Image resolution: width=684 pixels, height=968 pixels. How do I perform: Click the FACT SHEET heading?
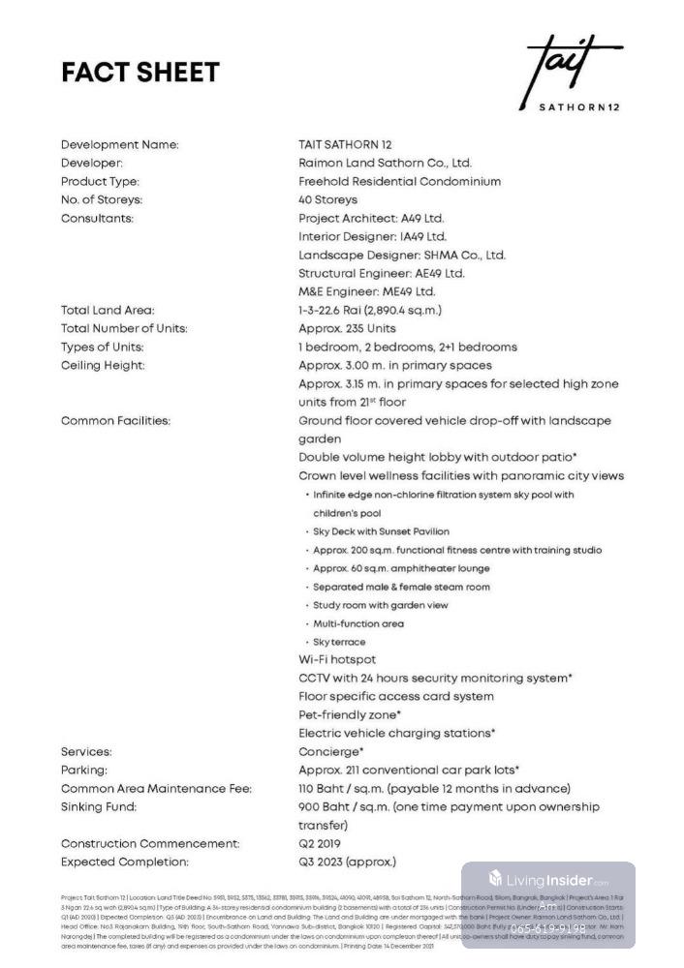point(140,73)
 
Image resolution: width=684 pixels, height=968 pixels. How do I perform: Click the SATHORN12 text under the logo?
point(578,106)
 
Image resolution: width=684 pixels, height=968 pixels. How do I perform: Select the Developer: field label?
point(92,164)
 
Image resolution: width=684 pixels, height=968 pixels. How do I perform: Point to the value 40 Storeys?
point(327,199)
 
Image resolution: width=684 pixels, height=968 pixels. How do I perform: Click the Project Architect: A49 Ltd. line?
point(371,219)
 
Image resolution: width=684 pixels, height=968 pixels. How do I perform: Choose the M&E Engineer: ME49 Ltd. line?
point(367,291)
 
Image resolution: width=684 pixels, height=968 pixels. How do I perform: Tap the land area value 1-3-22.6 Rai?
point(370,310)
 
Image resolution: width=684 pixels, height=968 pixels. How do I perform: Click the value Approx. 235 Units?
point(347,328)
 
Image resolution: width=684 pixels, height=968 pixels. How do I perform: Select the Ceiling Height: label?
point(103,365)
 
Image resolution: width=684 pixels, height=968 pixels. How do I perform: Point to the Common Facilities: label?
point(115,421)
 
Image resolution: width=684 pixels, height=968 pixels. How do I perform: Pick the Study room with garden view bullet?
point(380,605)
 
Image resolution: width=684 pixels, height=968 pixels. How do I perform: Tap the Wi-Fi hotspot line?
point(337,659)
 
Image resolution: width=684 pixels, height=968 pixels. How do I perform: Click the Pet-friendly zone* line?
point(350,714)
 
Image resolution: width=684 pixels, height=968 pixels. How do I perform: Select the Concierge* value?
point(331,751)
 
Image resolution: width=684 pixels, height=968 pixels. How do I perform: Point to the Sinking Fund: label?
point(99,806)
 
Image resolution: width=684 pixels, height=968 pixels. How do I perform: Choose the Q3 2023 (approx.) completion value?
point(347,862)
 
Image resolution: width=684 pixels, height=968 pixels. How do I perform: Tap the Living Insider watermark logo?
point(548,880)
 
